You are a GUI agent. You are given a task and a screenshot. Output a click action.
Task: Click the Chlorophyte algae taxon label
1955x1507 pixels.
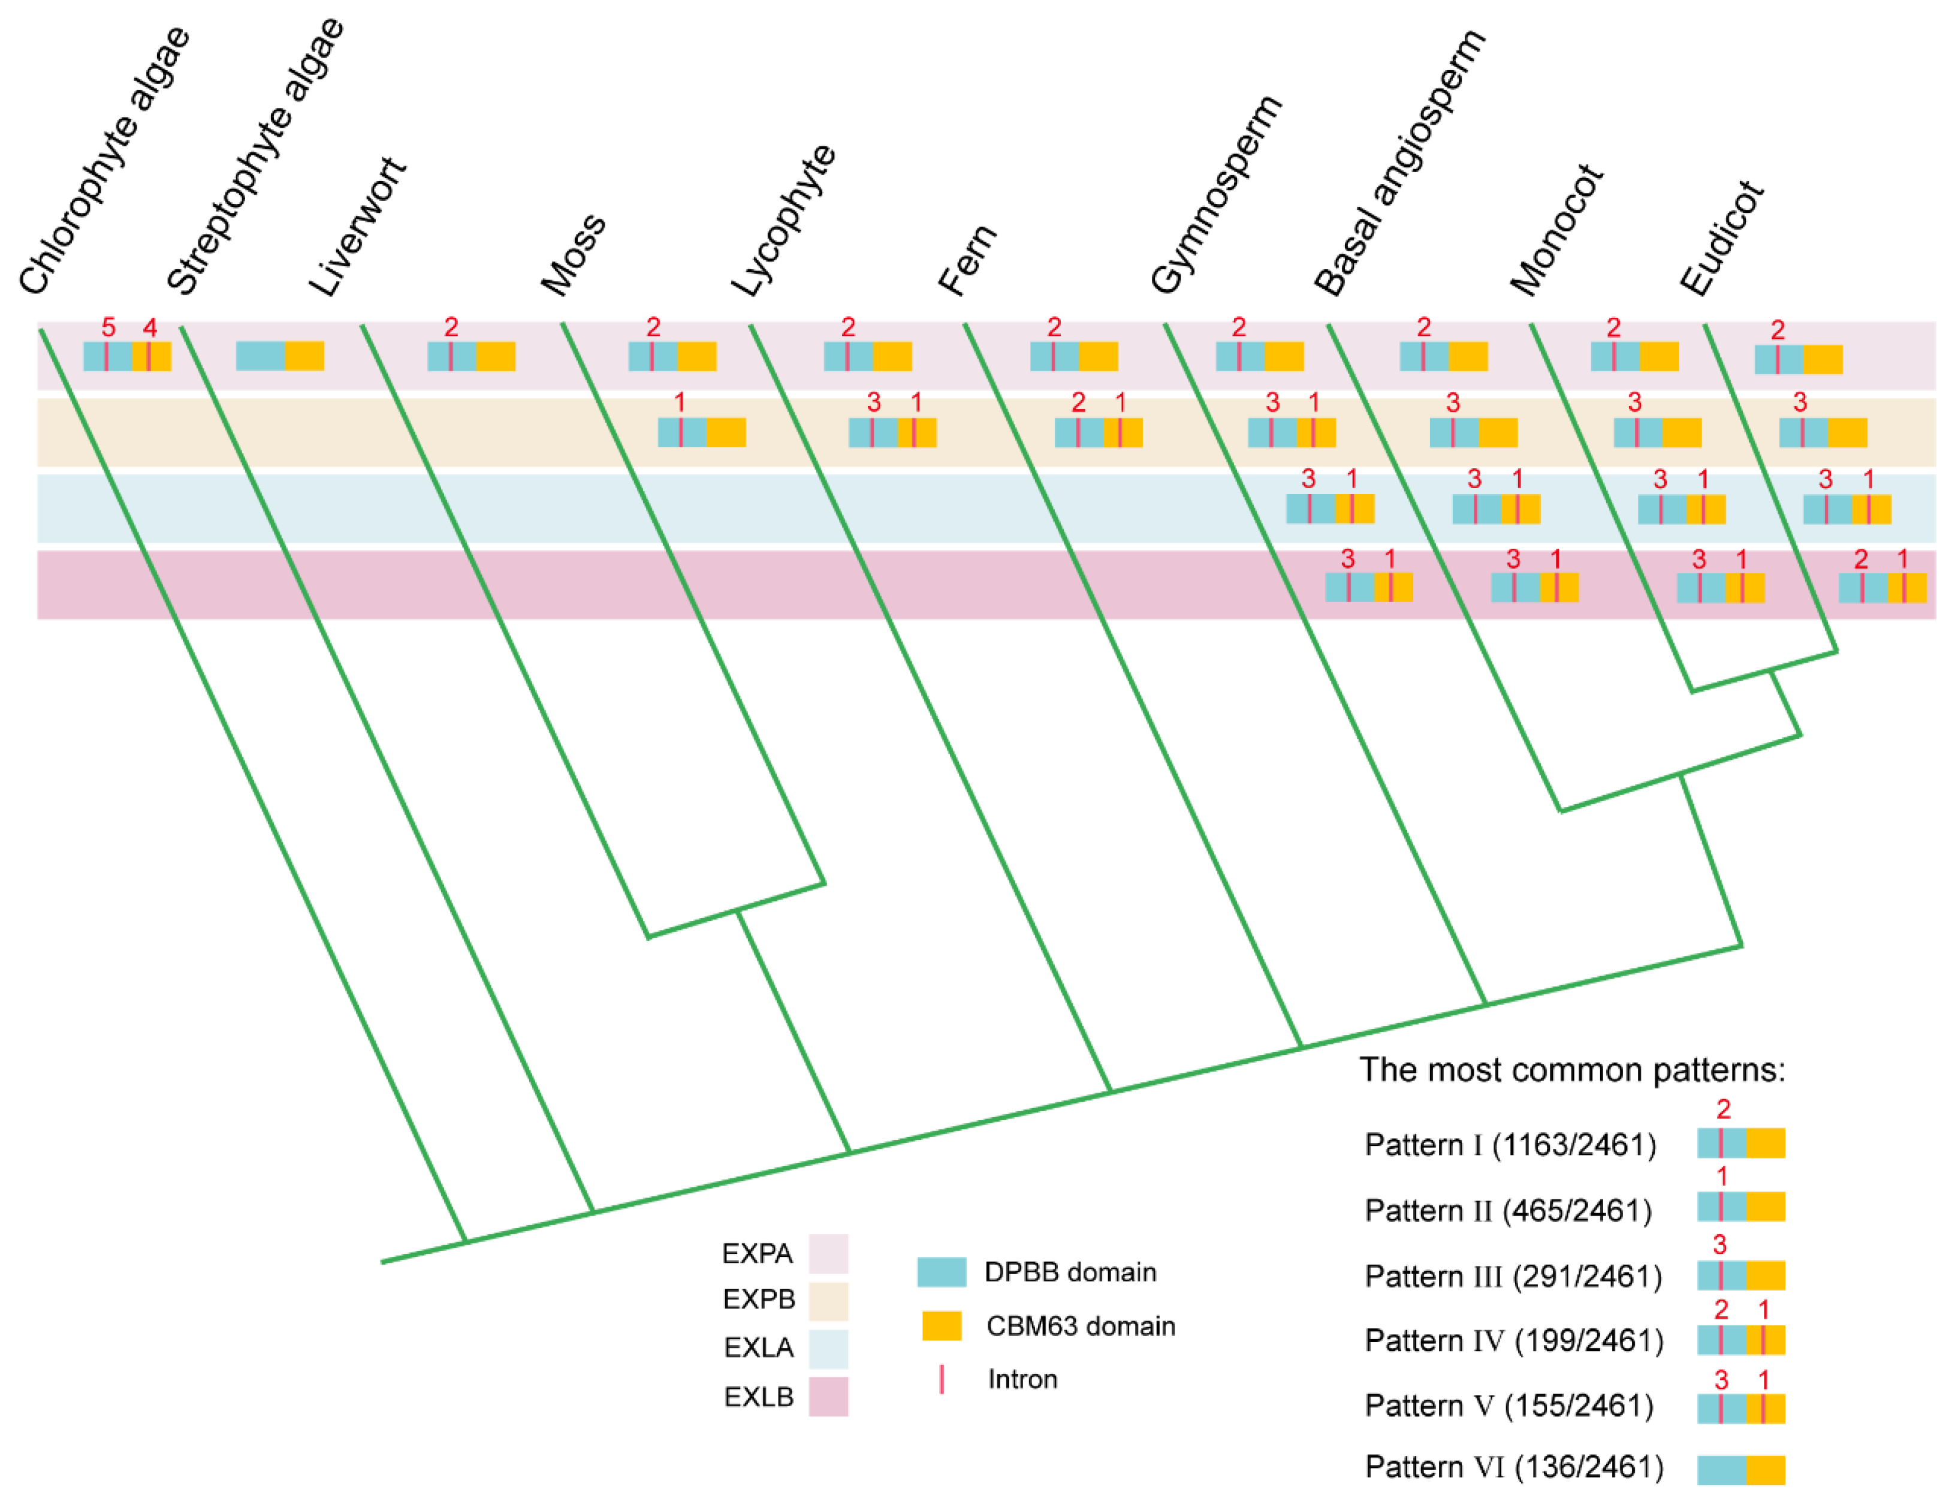pyautogui.click(x=105, y=161)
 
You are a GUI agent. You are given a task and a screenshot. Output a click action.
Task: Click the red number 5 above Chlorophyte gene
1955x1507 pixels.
pyautogui.click(x=108, y=327)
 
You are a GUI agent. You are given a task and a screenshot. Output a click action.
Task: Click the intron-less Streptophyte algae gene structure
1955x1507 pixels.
pyautogui.click(x=279, y=356)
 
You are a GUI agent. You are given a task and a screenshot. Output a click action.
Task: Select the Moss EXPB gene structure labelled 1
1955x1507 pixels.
pyautogui.click(x=702, y=432)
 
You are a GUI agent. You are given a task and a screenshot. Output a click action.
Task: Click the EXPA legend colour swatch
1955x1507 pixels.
pyautogui.click(x=828, y=1253)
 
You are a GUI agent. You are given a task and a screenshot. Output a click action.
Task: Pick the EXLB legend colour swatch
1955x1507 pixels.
pyautogui.click(x=828, y=1396)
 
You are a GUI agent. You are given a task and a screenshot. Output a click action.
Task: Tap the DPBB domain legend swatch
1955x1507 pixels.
pyautogui.click(x=942, y=1271)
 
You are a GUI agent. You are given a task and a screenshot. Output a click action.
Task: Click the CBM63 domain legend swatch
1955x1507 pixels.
pyautogui.click(x=942, y=1325)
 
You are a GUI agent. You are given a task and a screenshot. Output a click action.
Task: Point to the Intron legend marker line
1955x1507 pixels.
pyautogui.click(x=942, y=1379)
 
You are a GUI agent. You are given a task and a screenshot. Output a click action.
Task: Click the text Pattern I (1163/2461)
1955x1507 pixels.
pyautogui.click(x=1510, y=1144)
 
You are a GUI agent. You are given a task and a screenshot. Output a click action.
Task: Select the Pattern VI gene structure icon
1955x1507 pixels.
pyautogui.click(x=1741, y=1469)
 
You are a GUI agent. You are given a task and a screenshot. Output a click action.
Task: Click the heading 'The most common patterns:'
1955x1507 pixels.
pyautogui.click(x=1572, y=1070)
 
